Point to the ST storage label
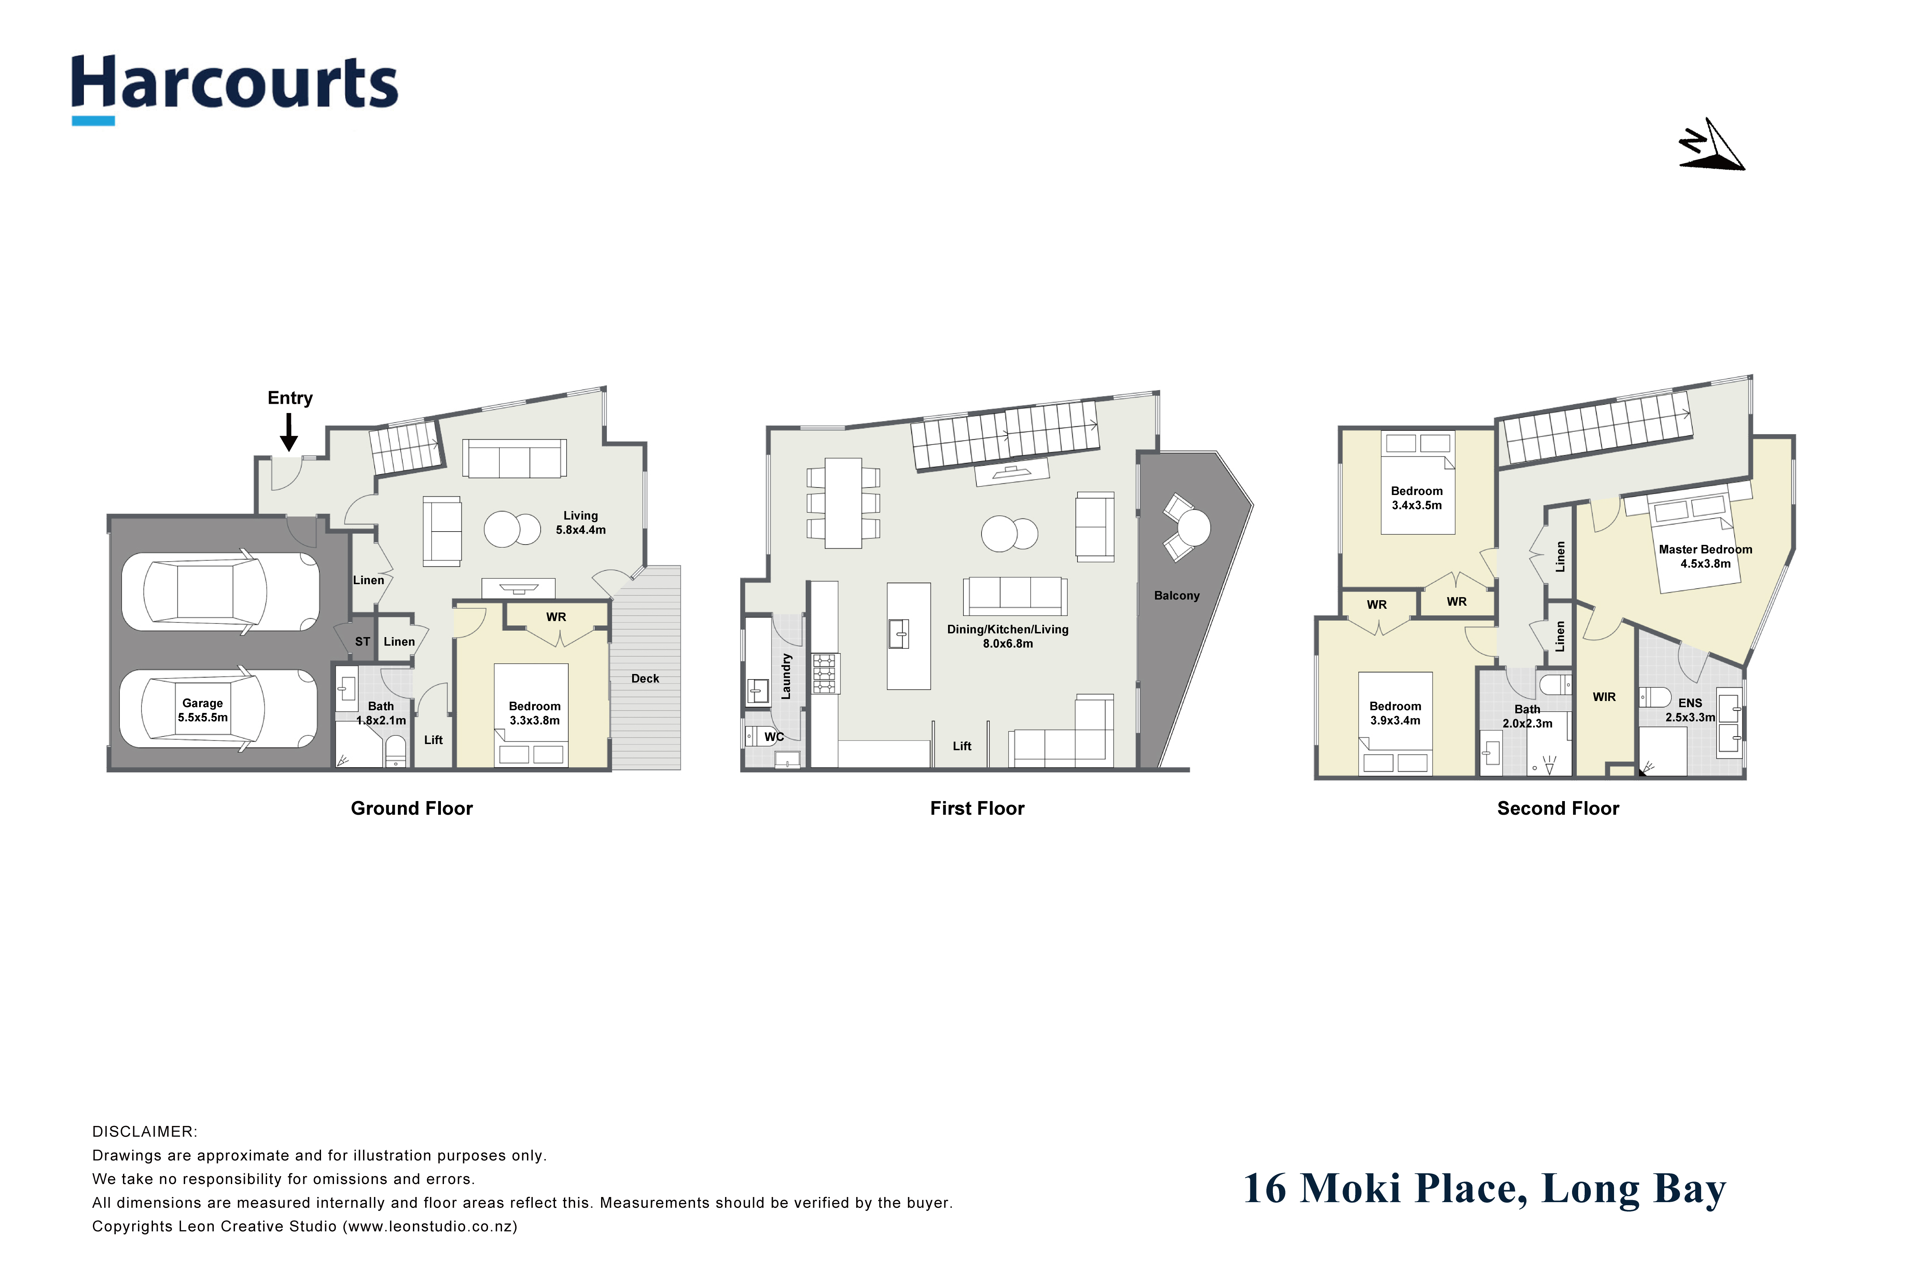(363, 642)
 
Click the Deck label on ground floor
(645, 679)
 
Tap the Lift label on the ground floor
(433, 740)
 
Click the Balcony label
(1177, 596)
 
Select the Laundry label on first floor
(786, 676)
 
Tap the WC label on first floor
(774, 738)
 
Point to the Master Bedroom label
(1705, 550)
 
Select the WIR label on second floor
(1604, 698)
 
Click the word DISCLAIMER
(144, 1132)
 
